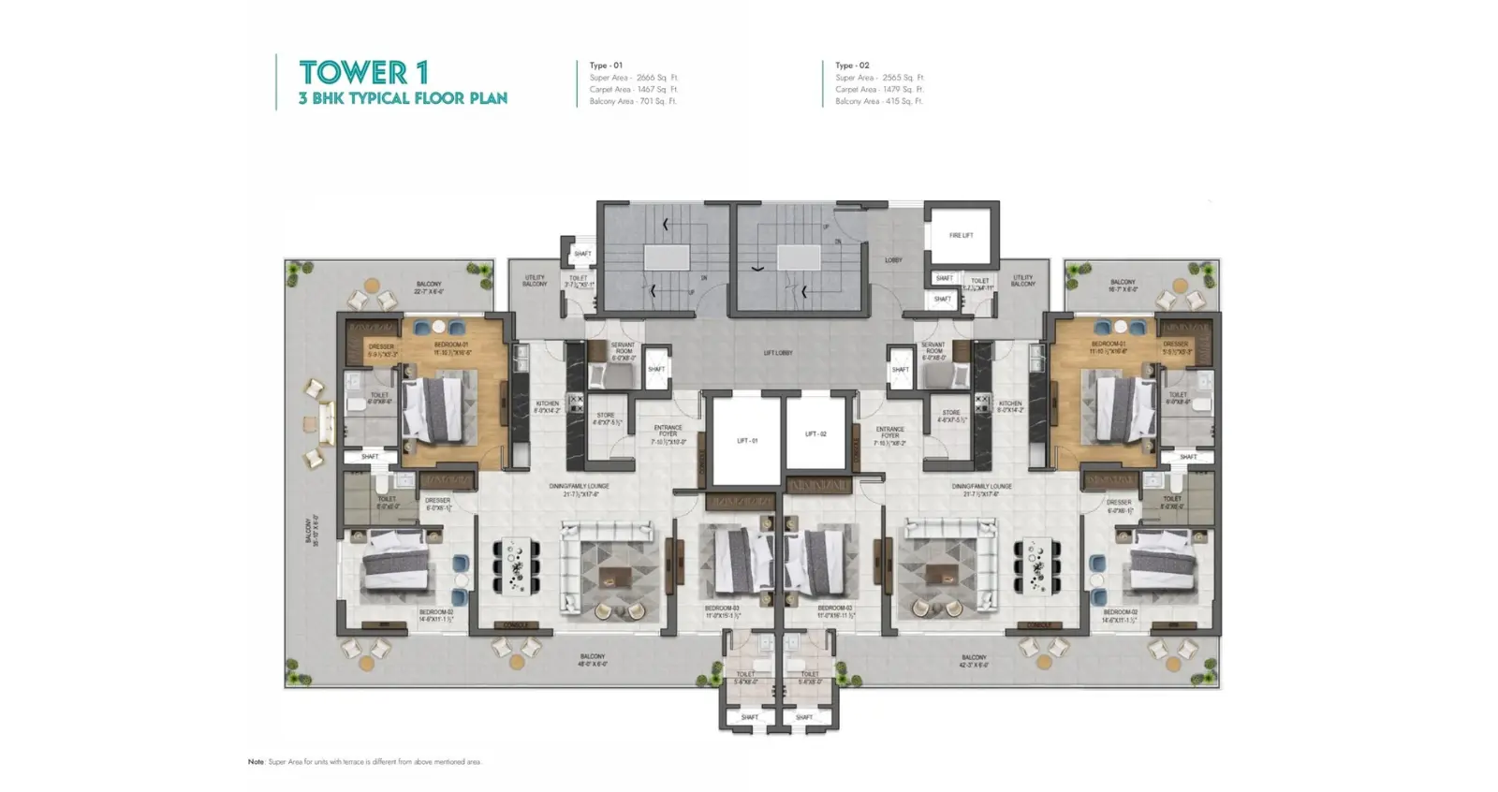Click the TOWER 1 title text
click(363, 72)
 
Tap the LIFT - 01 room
click(746, 440)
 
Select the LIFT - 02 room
click(815, 434)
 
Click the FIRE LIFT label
click(961, 236)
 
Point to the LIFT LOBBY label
click(777, 353)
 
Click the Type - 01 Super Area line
click(634, 78)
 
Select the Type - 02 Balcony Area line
click(878, 101)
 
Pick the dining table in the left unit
click(516, 565)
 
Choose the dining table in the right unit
click(1036, 565)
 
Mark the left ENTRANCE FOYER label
click(668, 432)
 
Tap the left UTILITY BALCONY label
click(535, 281)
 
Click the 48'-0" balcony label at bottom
click(592, 660)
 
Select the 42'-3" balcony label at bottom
click(973, 661)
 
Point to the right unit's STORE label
click(951, 416)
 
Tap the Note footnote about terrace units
click(364, 762)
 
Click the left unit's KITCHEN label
click(547, 407)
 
